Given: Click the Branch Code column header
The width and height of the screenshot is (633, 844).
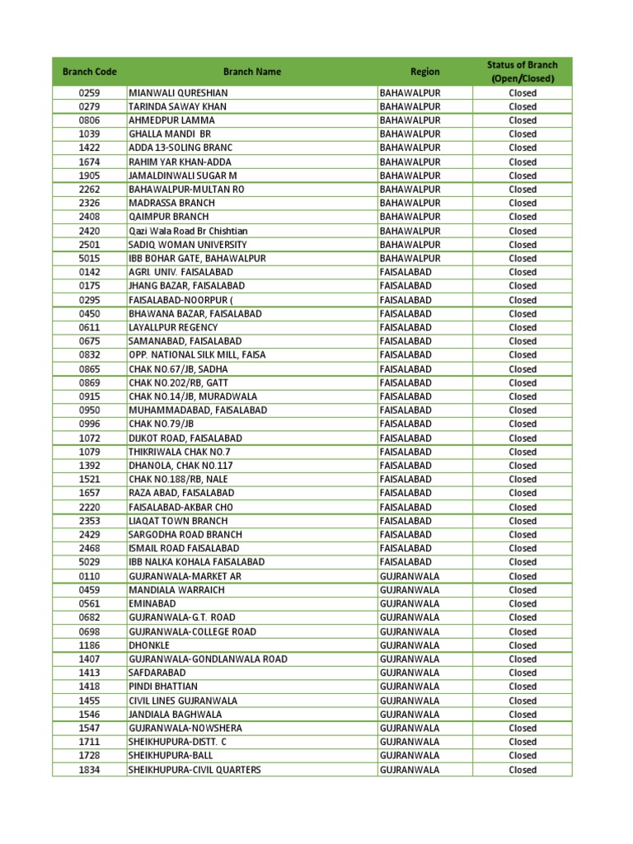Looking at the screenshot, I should [89, 72].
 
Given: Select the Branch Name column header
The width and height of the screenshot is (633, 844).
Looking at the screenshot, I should [251, 72].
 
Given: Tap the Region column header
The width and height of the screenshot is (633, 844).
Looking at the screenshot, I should [425, 72].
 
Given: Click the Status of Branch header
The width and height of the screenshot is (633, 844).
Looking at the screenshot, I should [522, 72].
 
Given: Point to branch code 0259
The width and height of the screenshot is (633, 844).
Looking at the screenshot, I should [89, 93].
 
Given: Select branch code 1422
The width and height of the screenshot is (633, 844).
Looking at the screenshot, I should [89, 148].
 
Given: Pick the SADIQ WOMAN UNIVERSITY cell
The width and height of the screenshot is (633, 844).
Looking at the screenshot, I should [188, 245].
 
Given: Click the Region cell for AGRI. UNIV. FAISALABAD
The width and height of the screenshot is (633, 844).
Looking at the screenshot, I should [406, 272].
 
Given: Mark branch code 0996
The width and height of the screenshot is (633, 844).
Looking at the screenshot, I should [89, 424].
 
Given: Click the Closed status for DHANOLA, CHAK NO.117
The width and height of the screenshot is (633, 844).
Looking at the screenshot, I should [522, 466].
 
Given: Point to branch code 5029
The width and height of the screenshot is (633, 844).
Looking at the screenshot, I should [89, 562].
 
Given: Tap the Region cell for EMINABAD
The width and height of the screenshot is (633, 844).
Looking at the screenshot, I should [410, 603].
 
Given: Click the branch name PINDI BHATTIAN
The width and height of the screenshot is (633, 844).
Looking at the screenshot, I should [163, 687].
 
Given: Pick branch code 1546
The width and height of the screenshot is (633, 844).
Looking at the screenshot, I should [89, 715].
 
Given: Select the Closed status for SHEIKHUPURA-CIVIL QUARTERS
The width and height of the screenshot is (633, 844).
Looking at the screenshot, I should [522, 770].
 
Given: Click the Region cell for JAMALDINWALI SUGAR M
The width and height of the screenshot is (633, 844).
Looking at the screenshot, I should [410, 176].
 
